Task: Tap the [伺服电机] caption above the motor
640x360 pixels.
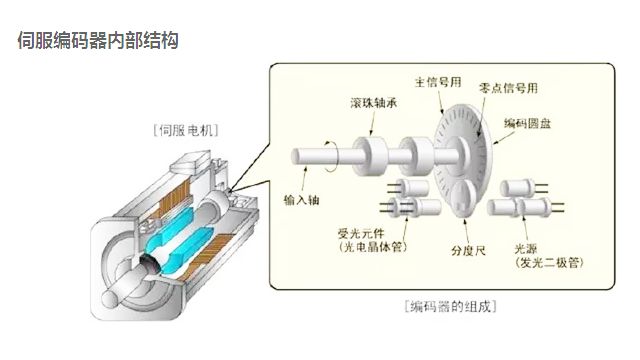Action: click(x=186, y=130)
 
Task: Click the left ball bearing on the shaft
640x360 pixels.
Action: click(x=373, y=155)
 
